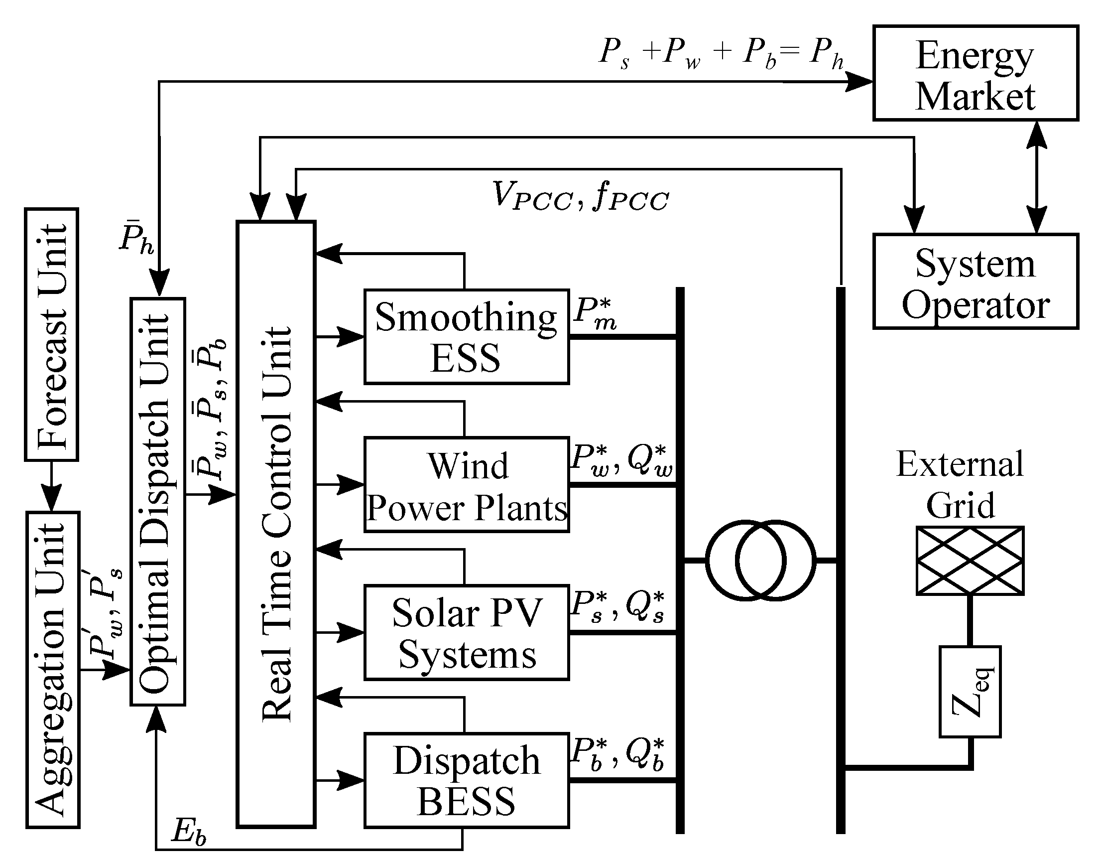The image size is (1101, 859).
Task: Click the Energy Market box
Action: [976, 73]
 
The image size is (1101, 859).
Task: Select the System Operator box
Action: [976, 282]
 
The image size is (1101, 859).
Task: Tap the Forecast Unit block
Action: [52, 335]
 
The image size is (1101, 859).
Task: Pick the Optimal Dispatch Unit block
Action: [158, 502]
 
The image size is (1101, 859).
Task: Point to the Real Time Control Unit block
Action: [276, 525]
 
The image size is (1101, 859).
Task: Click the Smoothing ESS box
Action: [466, 337]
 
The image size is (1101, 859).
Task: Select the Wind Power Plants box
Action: [466, 485]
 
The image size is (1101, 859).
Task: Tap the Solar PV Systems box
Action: [466, 633]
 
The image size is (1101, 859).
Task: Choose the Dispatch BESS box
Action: [466, 781]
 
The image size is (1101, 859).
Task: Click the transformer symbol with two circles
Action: [760, 561]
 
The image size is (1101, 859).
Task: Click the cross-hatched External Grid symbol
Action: [970, 561]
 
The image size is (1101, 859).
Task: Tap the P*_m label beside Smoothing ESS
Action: [595, 313]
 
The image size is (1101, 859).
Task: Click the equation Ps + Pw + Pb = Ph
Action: [721, 53]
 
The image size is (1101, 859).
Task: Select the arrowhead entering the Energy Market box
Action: [859, 81]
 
